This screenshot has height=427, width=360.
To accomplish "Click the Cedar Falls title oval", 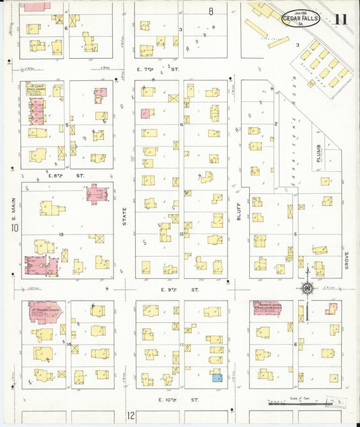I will (302, 18).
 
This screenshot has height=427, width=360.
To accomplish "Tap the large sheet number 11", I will (341, 18).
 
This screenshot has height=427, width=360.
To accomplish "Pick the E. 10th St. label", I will (171, 400).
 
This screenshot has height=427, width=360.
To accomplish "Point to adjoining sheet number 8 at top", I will (211, 11).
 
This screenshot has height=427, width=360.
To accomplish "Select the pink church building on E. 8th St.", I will (97, 195).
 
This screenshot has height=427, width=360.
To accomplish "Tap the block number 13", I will (61, 234).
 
